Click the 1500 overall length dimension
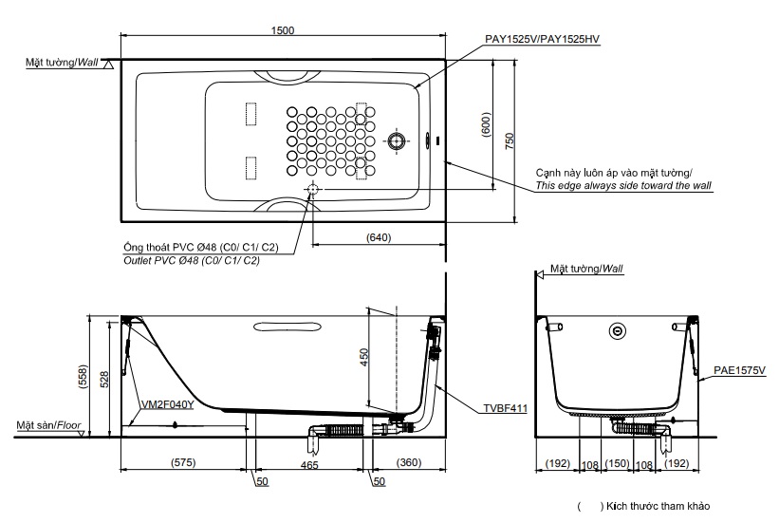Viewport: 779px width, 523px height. (x=283, y=29)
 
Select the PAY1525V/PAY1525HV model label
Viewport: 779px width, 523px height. (x=543, y=39)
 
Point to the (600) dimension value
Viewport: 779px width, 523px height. (x=485, y=123)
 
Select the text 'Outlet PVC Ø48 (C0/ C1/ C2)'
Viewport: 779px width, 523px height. (x=192, y=260)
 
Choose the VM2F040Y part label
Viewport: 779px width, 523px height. (x=167, y=403)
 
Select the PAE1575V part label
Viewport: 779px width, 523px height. (x=740, y=368)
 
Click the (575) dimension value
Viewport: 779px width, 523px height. (x=183, y=463)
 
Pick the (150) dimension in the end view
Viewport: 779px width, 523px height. (x=618, y=464)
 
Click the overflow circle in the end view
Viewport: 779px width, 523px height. (x=618, y=331)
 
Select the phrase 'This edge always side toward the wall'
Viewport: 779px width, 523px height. (x=623, y=186)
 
